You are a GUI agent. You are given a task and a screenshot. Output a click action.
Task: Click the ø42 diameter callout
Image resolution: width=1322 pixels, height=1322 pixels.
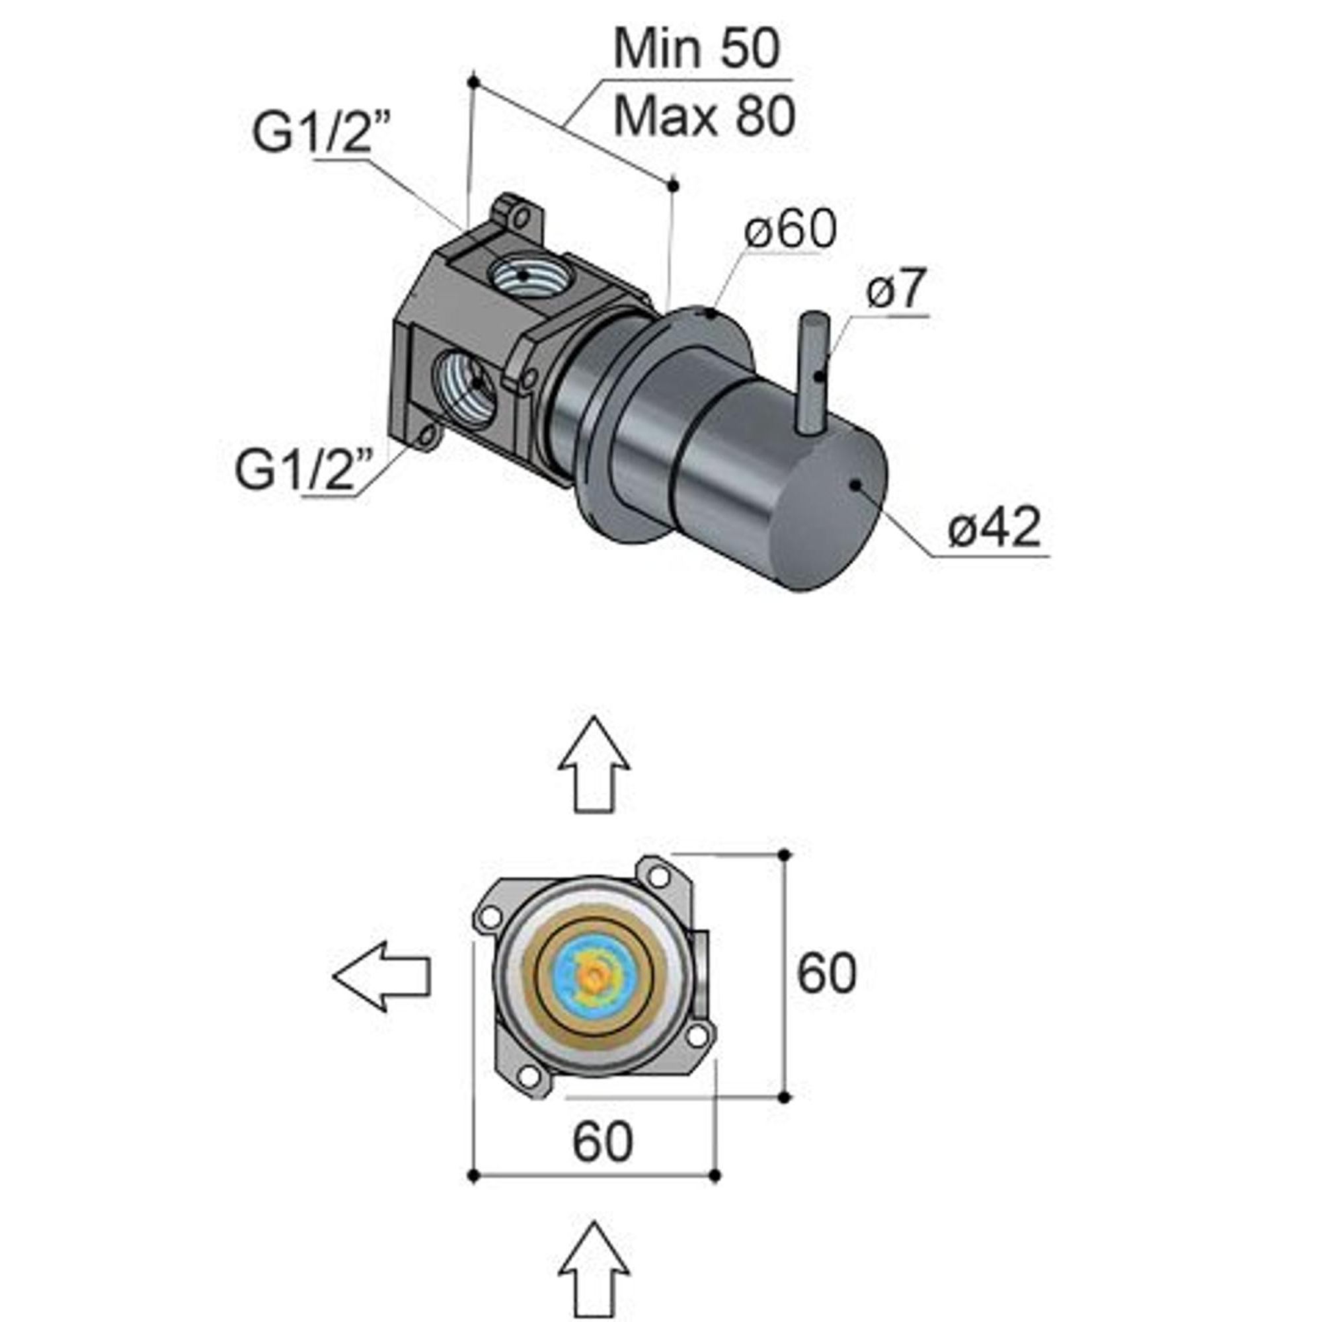coord(994,527)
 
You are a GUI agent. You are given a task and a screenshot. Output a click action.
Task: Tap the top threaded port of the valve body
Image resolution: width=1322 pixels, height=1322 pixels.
coord(524,275)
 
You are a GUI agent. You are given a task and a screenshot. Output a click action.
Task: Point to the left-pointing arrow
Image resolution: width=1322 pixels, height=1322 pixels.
coord(382,976)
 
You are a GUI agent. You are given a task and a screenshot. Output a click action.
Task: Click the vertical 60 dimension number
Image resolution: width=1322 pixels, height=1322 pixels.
coord(826,973)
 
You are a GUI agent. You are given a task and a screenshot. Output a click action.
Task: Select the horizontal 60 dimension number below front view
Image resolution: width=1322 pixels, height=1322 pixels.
coord(602,1141)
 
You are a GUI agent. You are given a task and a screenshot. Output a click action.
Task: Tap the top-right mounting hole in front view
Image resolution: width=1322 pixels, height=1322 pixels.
coord(658,876)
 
